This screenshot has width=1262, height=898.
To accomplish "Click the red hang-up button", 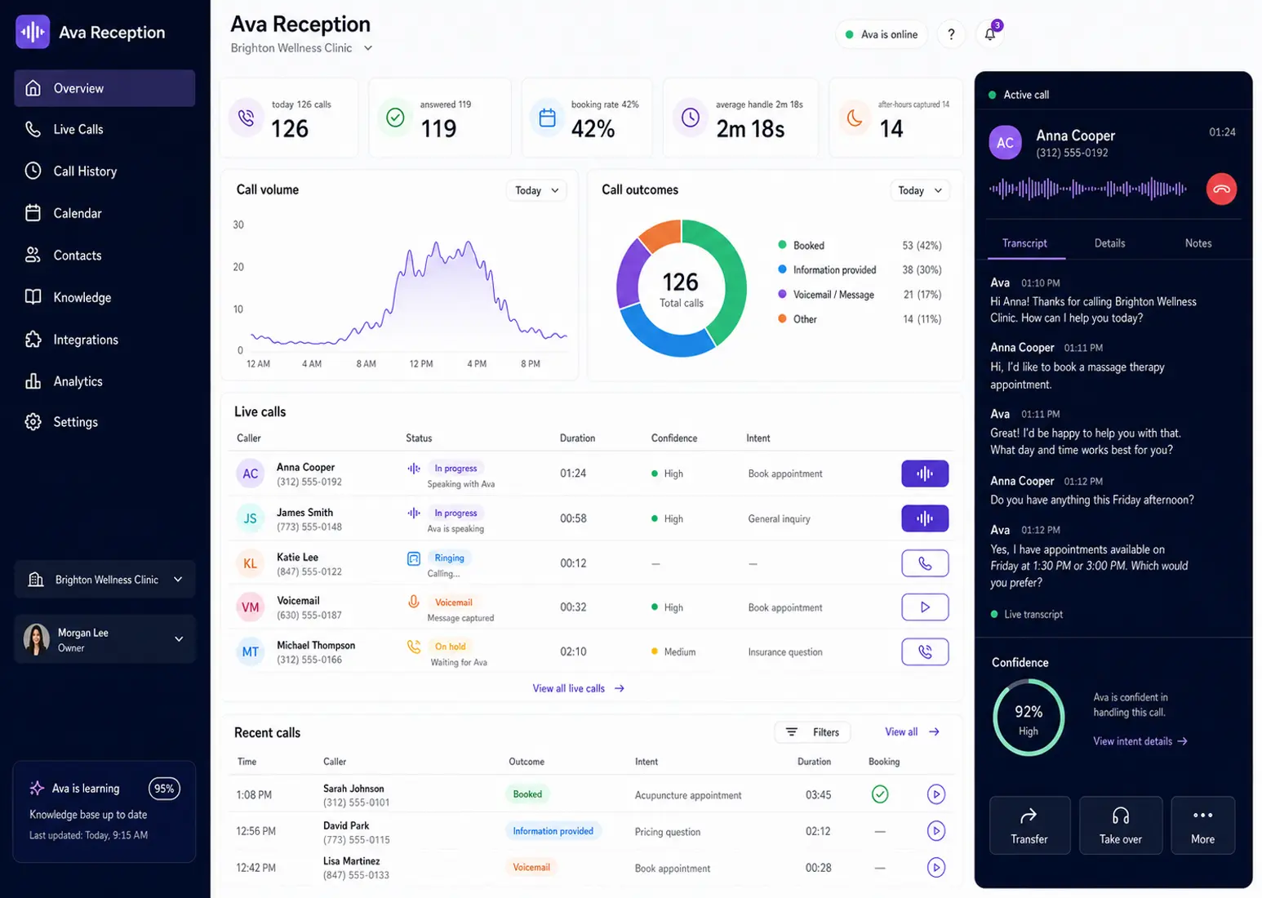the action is (x=1221, y=189).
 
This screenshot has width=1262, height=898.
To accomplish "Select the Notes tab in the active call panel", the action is (x=1198, y=243).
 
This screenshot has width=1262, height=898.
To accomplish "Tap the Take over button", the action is (x=1120, y=825).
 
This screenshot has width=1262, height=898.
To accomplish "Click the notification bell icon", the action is (x=990, y=34).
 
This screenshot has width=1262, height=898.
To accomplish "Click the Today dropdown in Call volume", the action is (x=535, y=190).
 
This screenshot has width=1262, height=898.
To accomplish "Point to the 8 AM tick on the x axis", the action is (x=366, y=364).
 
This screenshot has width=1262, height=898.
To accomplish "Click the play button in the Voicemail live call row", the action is (x=925, y=607).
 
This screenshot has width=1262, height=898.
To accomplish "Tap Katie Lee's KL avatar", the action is (x=250, y=563).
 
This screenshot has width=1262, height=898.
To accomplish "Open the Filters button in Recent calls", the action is (x=812, y=732).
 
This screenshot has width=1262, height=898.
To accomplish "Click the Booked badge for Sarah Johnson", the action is (x=527, y=794).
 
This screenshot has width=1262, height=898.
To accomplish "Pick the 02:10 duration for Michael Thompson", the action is (x=573, y=651).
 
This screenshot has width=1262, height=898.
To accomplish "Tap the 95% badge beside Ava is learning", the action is (x=164, y=789).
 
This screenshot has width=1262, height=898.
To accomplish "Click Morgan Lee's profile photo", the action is (x=37, y=639).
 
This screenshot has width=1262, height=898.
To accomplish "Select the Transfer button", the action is (x=1029, y=825).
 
